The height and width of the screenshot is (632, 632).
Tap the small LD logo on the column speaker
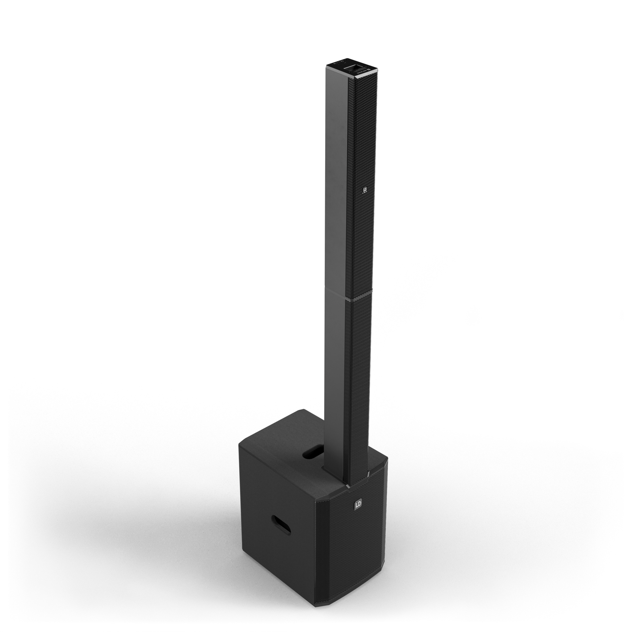pyautogui.click(x=365, y=191)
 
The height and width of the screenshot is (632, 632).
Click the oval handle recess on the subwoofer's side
pyautogui.click(x=281, y=525)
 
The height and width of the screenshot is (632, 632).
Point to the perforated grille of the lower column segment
pyautogui.click(x=359, y=375)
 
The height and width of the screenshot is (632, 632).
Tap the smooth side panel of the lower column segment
pyautogui.click(x=336, y=375)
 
